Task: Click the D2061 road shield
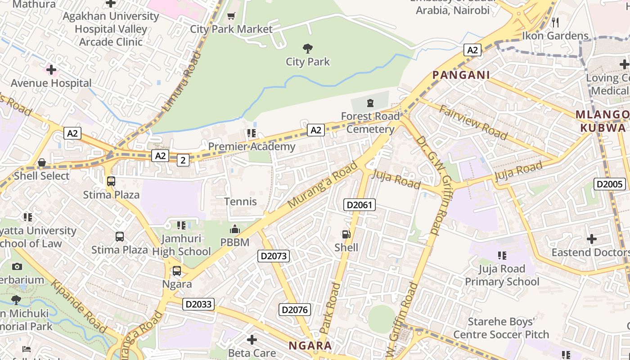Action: [x=359, y=205]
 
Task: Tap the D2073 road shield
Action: [x=274, y=256]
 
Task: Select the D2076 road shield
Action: [x=295, y=310]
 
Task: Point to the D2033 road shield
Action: [x=199, y=304]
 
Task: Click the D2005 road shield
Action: [x=610, y=184]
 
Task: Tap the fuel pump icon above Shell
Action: [x=346, y=234]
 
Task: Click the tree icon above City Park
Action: [x=308, y=48]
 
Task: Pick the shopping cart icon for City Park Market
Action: [x=231, y=16]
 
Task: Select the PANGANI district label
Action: [x=461, y=75]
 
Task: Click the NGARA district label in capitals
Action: [x=310, y=346]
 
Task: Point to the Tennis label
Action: [x=241, y=202]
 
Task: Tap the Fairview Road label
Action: [x=473, y=122]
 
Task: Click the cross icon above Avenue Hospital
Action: [x=51, y=70]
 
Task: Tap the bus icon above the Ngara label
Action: [x=177, y=271]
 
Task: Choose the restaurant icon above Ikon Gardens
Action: [x=555, y=22]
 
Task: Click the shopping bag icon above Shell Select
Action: [x=42, y=162]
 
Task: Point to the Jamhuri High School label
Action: [x=181, y=245]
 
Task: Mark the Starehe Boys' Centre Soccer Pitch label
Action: [x=501, y=328]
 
